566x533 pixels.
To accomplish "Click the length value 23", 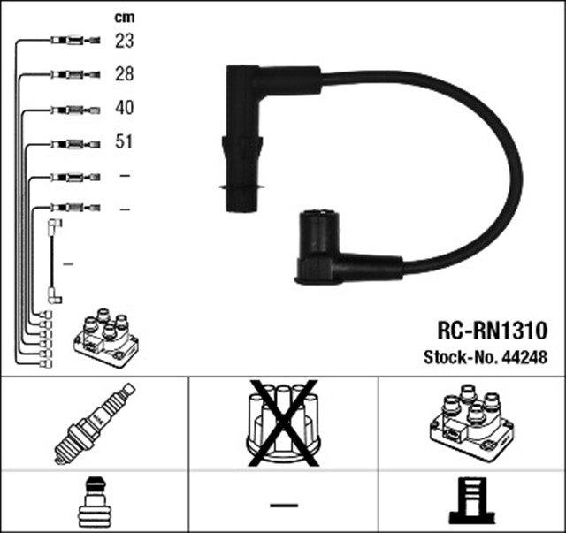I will click(x=124, y=40).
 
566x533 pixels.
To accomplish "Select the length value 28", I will click(x=124, y=74).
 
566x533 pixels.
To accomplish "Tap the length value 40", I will click(x=124, y=109).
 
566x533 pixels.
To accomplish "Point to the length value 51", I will click(x=124, y=141).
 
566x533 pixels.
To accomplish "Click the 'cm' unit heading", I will click(x=124, y=17).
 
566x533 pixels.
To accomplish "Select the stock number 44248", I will click(x=525, y=358).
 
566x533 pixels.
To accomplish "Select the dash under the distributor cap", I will click(x=283, y=505).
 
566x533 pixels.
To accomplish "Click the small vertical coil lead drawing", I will click(x=55, y=262).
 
